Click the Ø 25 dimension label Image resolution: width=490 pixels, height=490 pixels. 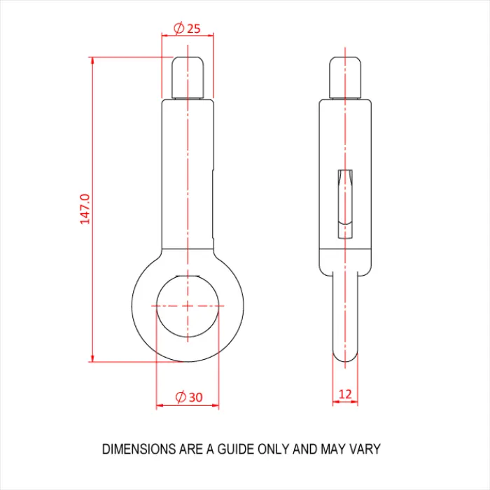click(x=186, y=28)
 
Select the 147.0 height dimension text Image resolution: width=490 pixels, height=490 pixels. click(x=85, y=209)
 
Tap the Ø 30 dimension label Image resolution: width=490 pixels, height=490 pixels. click(x=188, y=397)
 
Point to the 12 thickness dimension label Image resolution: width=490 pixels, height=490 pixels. click(x=345, y=394)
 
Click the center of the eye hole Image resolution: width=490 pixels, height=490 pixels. click(x=188, y=306)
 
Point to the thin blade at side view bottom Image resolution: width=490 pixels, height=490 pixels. click(x=345, y=315)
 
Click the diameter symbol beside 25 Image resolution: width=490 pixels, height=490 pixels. click(x=178, y=28)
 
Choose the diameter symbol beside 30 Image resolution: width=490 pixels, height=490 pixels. click(x=179, y=397)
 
